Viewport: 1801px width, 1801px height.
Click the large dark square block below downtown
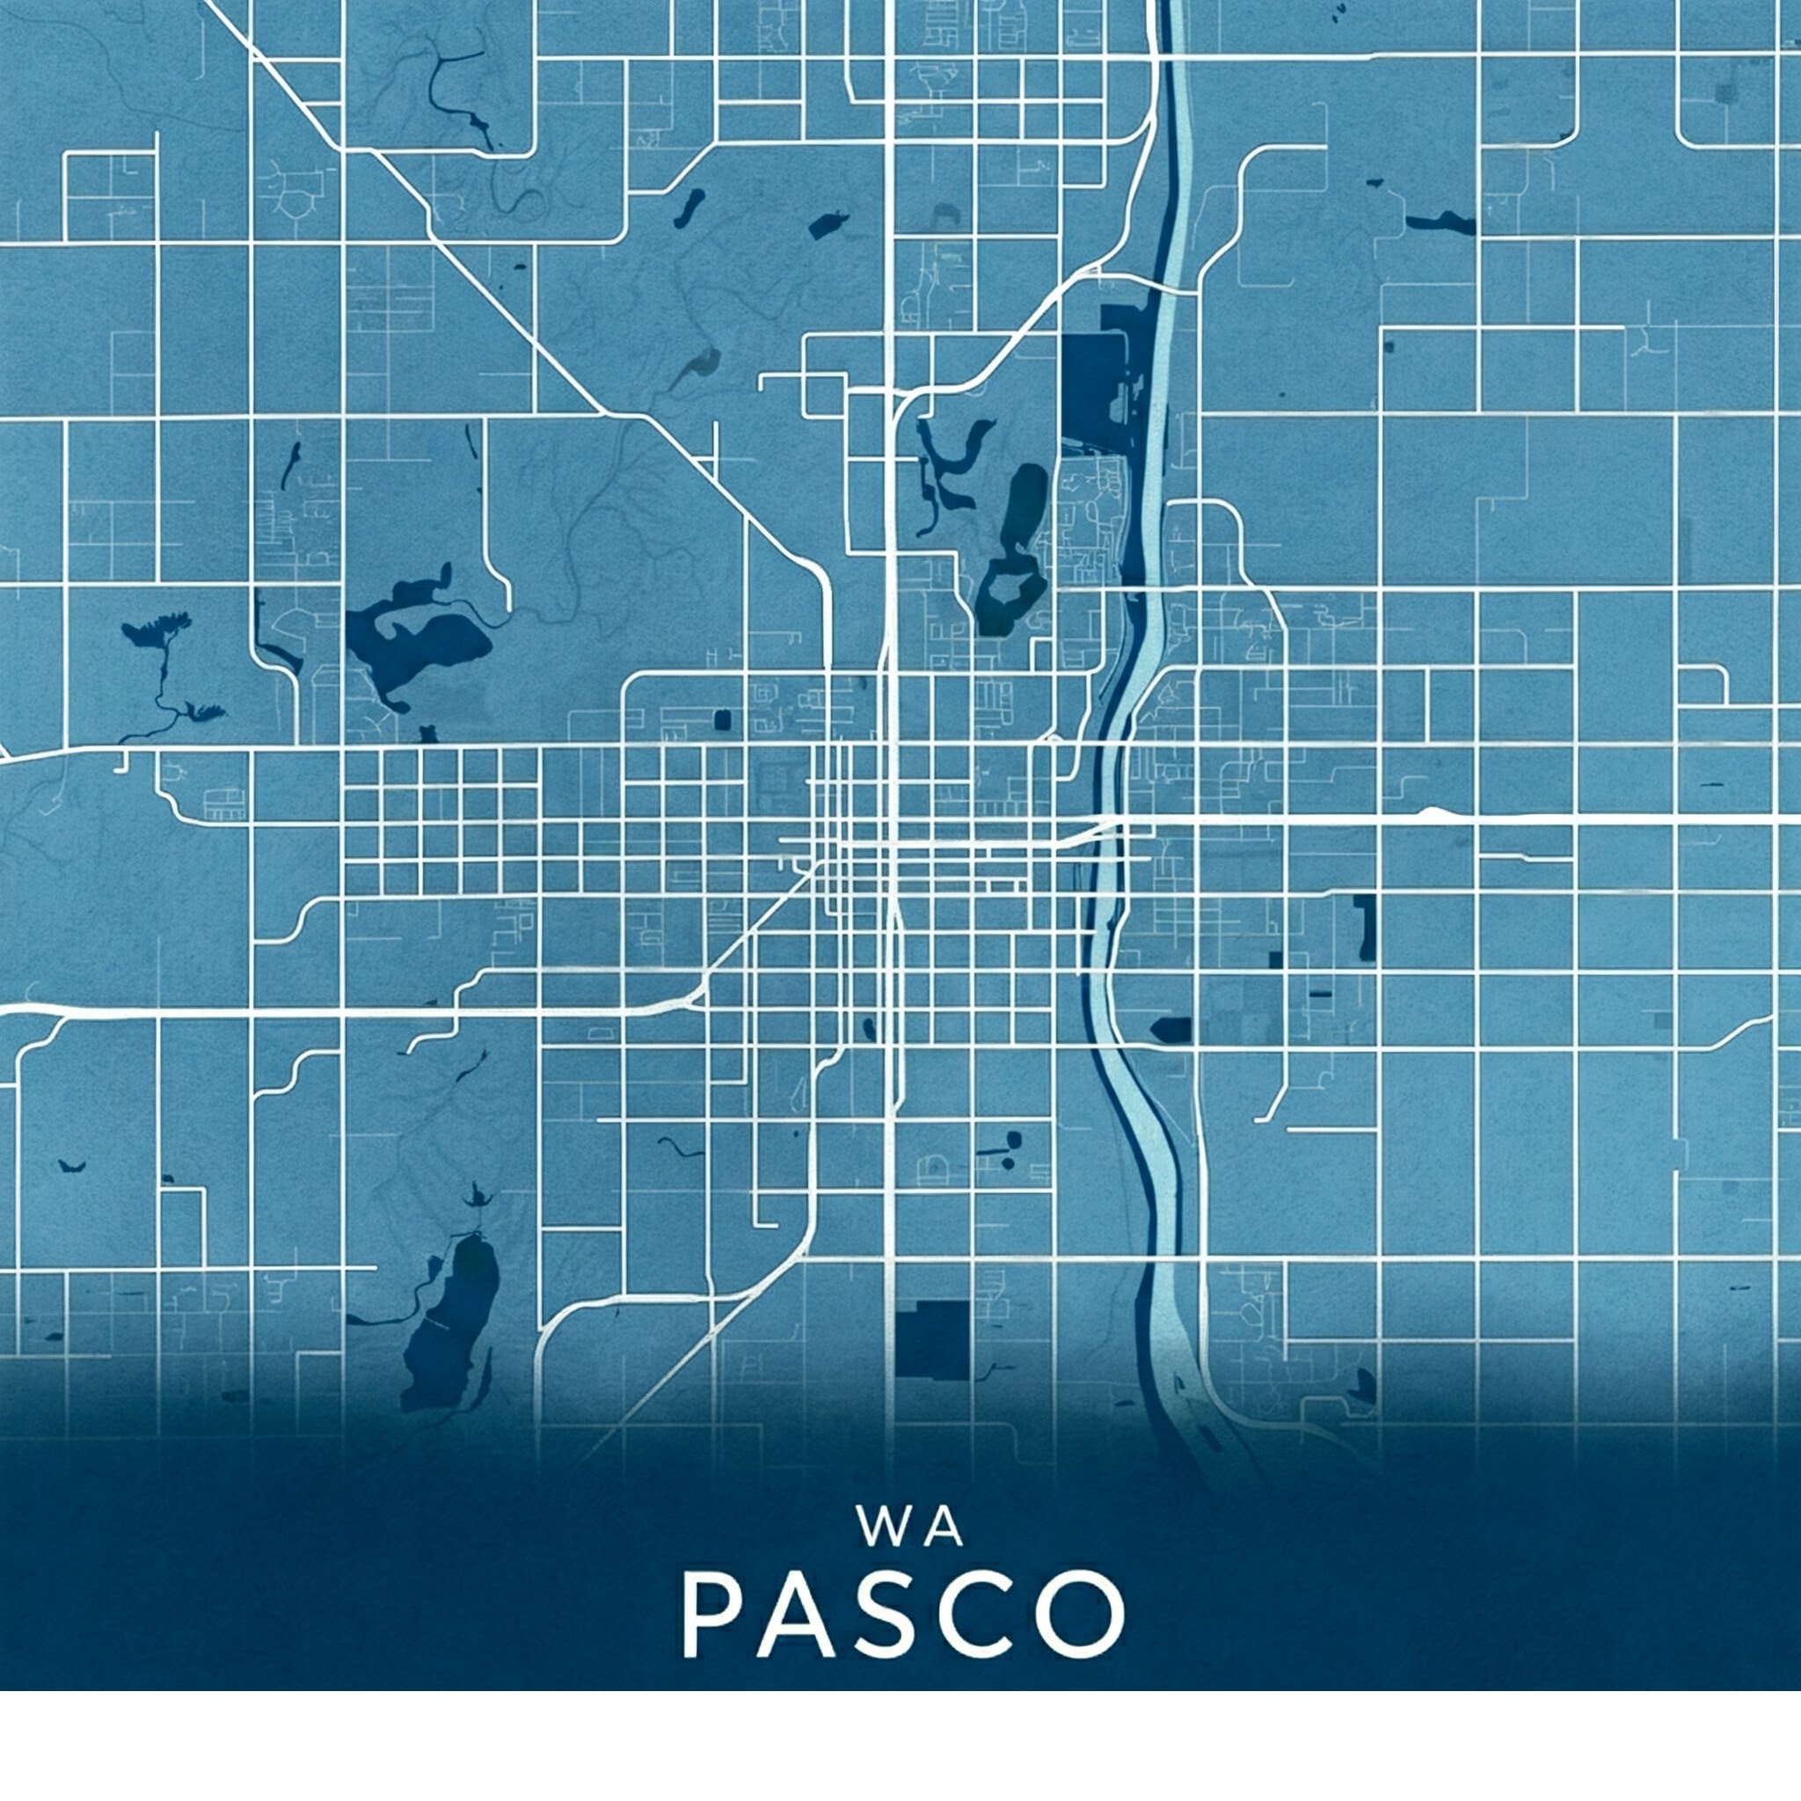click(932, 1340)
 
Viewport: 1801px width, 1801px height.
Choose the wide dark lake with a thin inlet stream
click(419, 638)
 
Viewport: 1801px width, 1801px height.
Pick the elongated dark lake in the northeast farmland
click(1440, 223)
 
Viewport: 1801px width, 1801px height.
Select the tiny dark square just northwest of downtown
click(721, 719)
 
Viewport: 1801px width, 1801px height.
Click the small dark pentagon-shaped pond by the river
click(1170, 1029)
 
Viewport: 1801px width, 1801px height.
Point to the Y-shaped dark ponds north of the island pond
click(951, 466)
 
